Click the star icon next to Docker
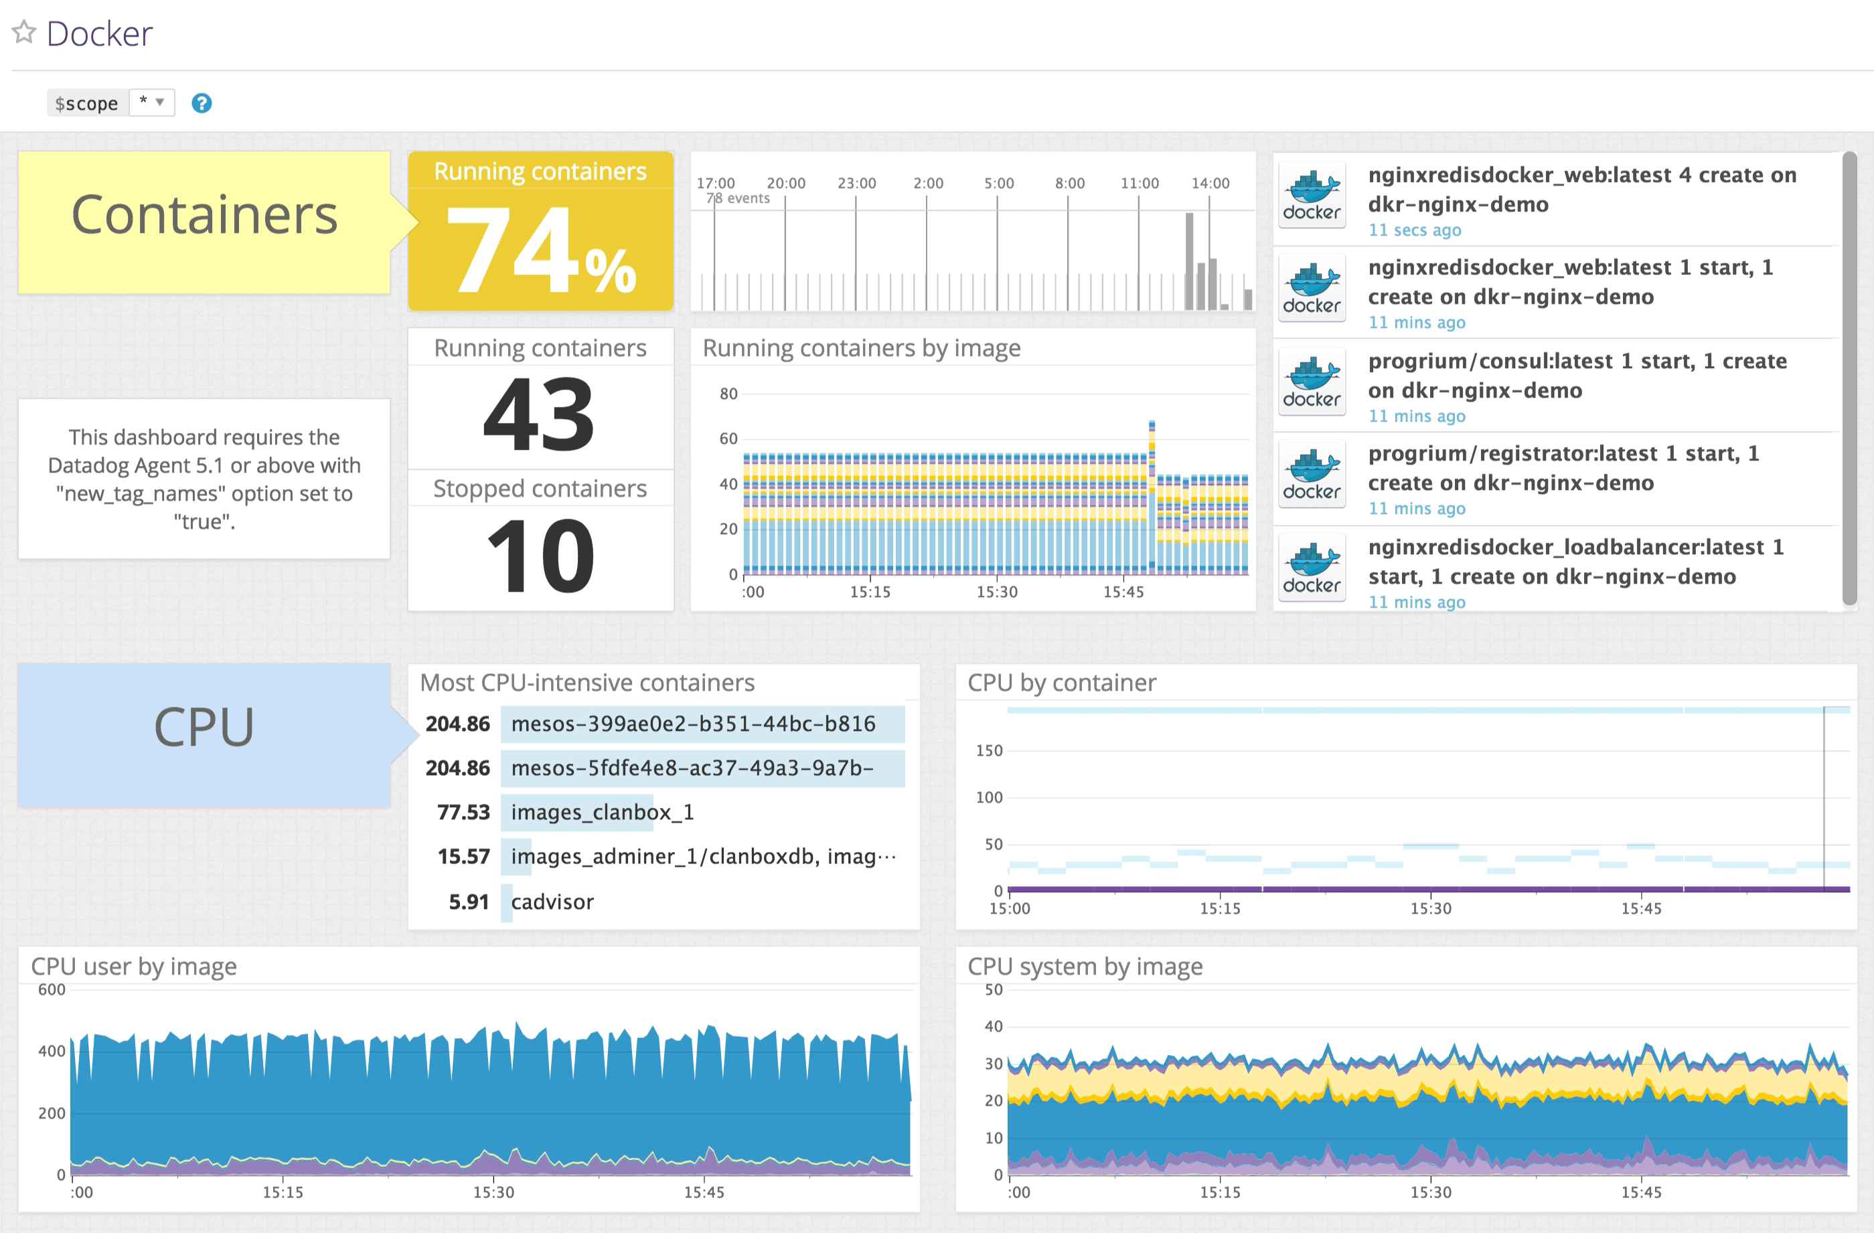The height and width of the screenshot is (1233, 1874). coord(23,32)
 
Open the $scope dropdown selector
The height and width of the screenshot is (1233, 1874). coord(151,102)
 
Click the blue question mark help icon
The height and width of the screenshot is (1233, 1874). coord(202,103)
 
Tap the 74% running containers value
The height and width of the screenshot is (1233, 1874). coord(540,250)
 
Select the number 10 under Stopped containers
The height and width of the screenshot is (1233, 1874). coord(540,556)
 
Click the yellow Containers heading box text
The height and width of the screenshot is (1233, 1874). coord(204,215)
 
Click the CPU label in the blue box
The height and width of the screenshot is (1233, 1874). coord(204,727)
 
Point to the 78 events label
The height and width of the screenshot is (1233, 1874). coord(738,198)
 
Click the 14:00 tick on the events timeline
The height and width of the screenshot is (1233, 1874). coord(1209,183)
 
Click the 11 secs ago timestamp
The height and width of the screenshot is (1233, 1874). coord(1414,230)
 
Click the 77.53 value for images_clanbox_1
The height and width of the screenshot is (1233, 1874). coord(463,812)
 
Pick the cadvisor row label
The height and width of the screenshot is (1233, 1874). coord(552,902)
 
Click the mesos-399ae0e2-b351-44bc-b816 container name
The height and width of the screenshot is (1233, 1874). coord(693,724)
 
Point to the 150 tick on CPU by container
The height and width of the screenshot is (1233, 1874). coord(989,750)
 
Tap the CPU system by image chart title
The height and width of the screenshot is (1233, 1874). coord(1084,966)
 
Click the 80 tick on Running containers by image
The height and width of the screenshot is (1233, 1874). coord(728,394)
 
